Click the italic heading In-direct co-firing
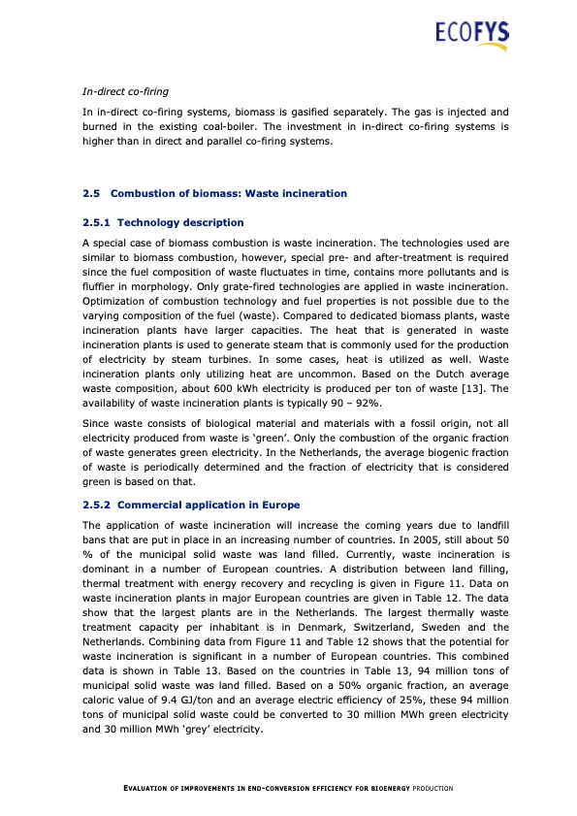126,92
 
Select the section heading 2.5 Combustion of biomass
214,194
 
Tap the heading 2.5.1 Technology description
163,223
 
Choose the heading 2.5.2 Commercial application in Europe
191,506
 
